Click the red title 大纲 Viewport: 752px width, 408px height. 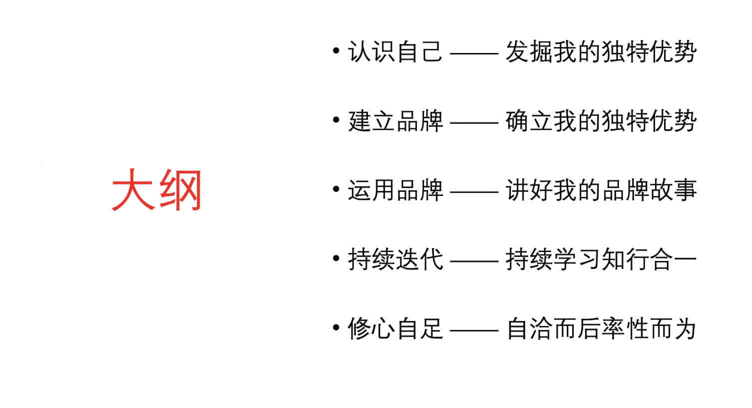(x=156, y=190)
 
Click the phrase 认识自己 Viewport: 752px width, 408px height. (x=395, y=51)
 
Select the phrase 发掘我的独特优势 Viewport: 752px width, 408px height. (x=601, y=51)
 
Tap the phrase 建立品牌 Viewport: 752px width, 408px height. (x=395, y=121)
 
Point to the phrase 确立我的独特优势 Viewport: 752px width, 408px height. (x=601, y=121)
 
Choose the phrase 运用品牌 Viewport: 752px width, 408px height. (x=395, y=190)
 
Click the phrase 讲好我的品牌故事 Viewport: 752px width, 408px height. (x=601, y=190)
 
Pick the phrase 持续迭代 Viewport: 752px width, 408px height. (x=395, y=259)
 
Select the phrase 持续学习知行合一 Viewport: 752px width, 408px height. (x=601, y=259)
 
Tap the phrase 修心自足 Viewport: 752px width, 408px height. (x=395, y=329)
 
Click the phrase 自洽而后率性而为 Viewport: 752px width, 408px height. (x=601, y=329)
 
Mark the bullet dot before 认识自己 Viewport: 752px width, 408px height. (x=336, y=51)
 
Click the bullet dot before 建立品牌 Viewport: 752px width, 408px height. (x=336, y=120)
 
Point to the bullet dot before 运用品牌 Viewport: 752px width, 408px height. (x=336, y=189)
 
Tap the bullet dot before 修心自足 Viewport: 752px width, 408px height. (x=336, y=328)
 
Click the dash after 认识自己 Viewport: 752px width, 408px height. (x=474, y=53)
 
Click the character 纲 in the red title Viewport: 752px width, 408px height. (x=180, y=190)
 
